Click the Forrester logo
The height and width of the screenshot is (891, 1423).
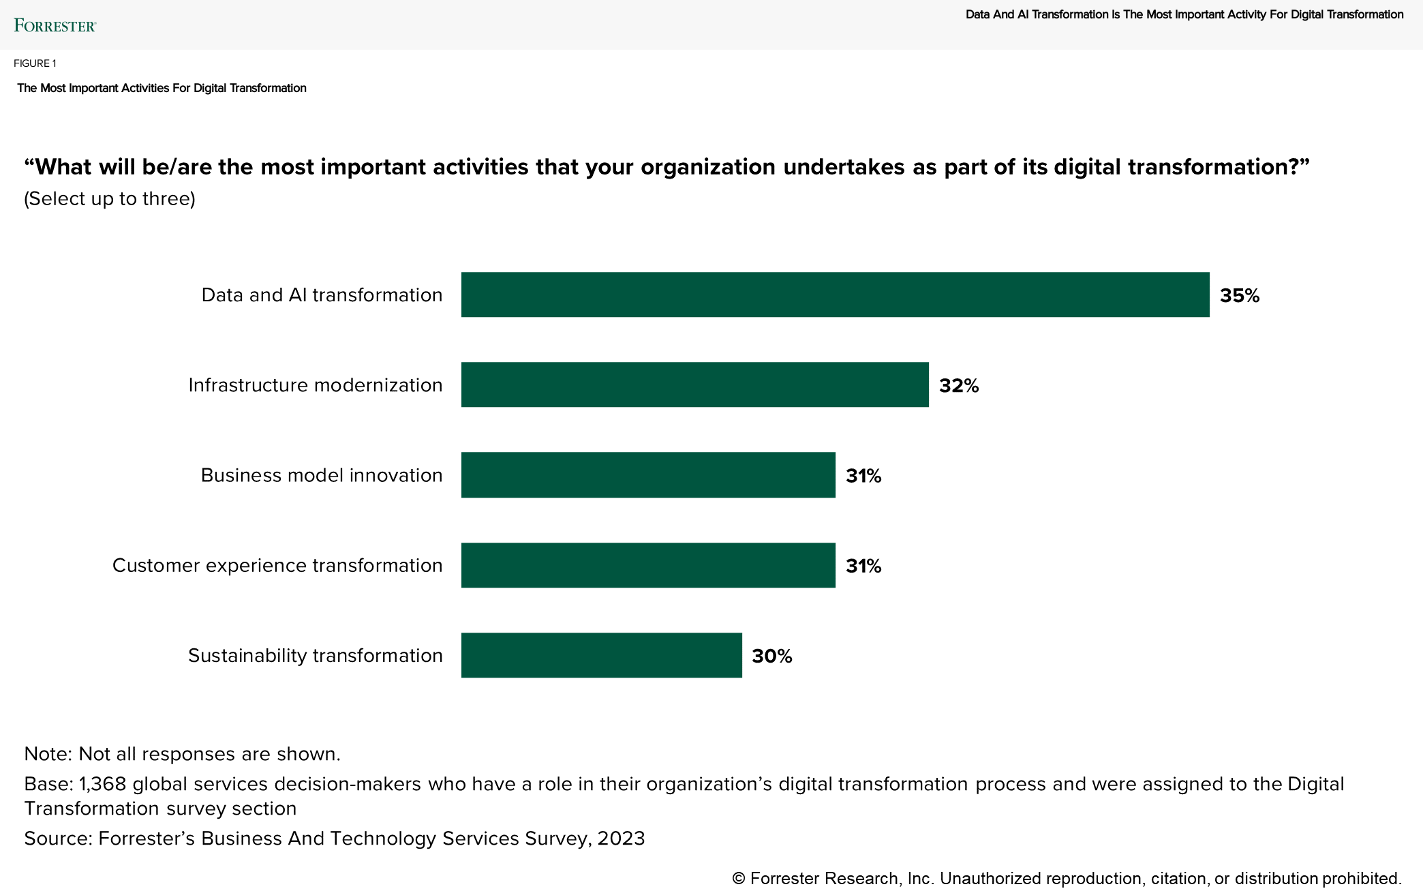[55, 26]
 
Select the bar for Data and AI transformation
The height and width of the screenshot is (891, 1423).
[835, 295]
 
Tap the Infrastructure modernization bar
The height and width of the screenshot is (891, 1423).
[694, 384]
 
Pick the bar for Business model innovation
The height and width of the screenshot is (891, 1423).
[648, 474]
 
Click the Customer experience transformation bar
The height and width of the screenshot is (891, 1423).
[648, 565]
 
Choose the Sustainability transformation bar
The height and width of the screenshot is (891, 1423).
[601, 655]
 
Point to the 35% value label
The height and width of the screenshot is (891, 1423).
[1239, 295]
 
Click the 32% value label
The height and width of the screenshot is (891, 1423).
[958, 386]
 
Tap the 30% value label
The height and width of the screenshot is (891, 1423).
[771, 656]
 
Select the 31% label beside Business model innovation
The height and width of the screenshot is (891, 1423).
[863, 476]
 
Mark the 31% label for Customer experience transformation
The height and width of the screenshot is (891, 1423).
[863, 566]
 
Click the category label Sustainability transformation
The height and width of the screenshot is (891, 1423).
[315, 655]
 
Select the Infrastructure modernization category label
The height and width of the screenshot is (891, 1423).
[315, 385]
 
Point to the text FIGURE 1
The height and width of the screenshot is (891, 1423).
[35, 63]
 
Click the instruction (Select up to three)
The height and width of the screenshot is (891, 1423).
[110, 198]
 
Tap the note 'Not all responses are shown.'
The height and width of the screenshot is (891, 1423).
[209, 753]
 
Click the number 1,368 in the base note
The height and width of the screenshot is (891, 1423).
[103, 784]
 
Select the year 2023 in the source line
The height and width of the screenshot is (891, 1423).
[621, 839]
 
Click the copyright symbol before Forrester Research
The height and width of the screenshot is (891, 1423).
[738, 879]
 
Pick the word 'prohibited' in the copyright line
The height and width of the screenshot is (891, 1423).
[1360, 879]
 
